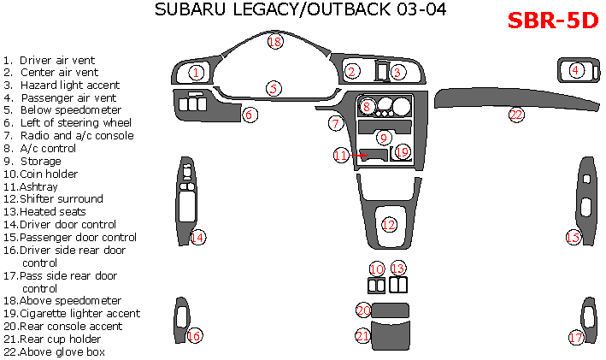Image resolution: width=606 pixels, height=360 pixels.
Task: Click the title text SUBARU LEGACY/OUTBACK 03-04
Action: (300, 10)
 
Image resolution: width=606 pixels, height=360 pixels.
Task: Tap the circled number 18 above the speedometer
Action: (274, 41)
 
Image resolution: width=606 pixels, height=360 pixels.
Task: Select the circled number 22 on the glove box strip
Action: (515, 115)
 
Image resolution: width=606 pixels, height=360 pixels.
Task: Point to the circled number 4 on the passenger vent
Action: (577, 70)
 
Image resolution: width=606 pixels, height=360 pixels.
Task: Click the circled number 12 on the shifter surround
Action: (389, 225)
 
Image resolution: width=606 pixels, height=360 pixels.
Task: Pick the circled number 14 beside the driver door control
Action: (197, 237)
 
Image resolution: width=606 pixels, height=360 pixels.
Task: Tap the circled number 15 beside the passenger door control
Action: (573, 237)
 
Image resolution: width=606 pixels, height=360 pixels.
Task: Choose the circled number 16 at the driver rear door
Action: (194, 336)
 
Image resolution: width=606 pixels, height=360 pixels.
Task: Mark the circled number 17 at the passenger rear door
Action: (576, 338)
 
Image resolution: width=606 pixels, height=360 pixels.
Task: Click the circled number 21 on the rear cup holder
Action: (363, 336)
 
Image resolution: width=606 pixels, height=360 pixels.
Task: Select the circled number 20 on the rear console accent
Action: (363, 310)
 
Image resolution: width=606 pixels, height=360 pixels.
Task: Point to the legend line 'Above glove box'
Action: (58, 351)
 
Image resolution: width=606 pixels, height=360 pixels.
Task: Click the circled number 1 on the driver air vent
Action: (197, 73)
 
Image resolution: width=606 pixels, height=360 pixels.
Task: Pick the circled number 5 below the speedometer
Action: (274, 88)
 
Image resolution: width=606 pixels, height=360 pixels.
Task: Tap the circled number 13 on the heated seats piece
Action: (397, 269)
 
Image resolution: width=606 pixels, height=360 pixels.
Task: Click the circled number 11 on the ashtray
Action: (341, 156)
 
